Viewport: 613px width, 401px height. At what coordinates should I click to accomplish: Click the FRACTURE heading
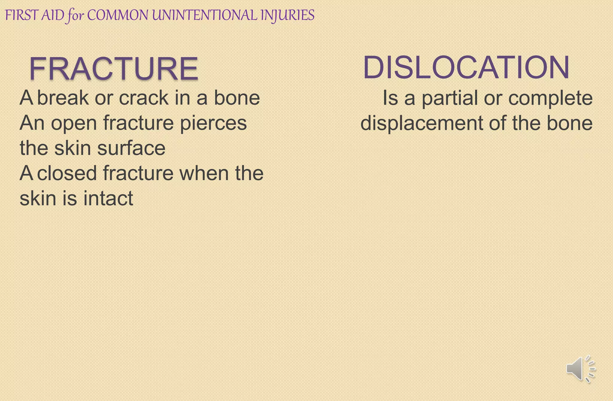(114, 69)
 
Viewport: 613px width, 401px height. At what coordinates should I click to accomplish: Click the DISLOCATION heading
(466, 67)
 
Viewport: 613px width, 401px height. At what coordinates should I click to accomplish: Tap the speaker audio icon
(580, 369)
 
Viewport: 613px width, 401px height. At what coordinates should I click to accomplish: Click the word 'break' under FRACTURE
(63, 98)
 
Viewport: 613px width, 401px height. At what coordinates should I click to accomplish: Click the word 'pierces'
(213, 123)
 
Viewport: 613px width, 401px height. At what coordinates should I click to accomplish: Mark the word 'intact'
(108, 199)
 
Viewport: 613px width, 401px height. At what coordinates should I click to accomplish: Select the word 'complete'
(550, 99)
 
